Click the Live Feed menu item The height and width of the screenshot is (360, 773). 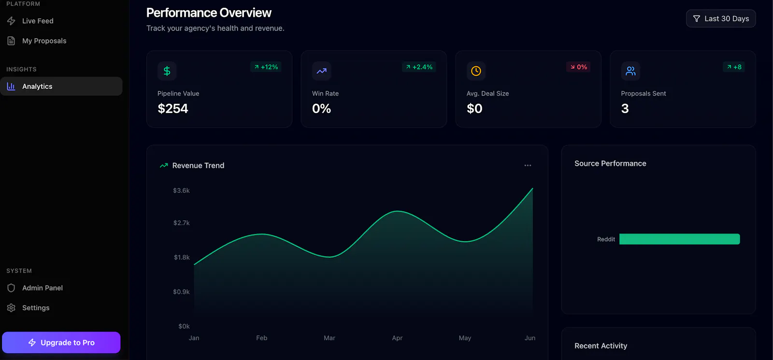(30, 21)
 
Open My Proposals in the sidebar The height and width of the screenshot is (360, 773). (37, 41)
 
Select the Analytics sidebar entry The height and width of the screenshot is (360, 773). (61, 86)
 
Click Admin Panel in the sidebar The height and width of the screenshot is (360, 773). (35, 288)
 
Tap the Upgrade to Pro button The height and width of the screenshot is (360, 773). (61, 343)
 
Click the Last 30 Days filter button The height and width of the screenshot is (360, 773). (720, 19)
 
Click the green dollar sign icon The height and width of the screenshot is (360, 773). (167, 71)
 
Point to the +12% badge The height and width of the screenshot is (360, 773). (266, 67)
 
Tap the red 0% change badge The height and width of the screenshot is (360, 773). (578, 67)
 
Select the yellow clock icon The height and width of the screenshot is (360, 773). (476, 71)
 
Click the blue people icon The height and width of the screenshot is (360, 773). (630, 71)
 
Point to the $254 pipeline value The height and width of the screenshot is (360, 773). (173, 109)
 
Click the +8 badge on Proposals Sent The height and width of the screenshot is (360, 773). (734, 67)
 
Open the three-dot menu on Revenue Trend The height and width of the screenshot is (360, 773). (528, 165)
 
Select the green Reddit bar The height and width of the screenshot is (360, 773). (679, 239)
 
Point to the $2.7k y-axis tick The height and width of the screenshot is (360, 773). (182, 223)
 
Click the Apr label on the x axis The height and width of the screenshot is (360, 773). (397, 338)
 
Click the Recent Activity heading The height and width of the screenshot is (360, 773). (601, 346)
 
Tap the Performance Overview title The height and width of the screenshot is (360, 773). (209, 13)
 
